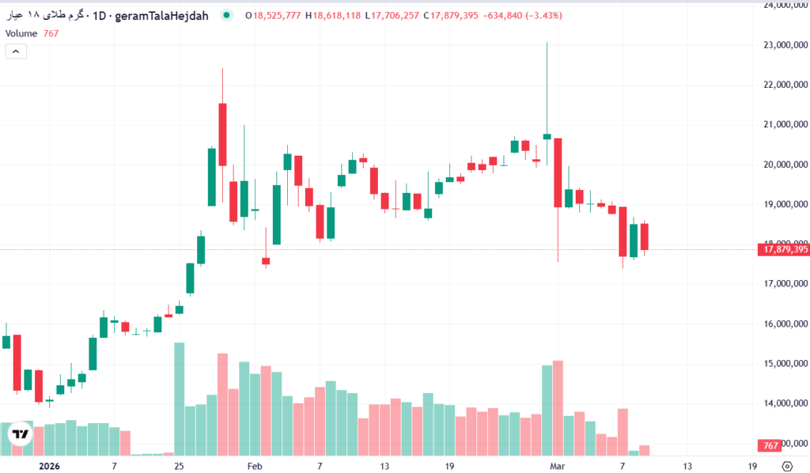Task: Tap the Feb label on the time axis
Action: coord(255,467)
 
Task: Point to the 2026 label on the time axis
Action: coord(49,467)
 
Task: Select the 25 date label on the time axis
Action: coord(180,467)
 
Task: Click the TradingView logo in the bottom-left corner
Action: coord(20,434)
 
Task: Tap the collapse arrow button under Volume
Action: coord(17,51)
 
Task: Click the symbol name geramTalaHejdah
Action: coord(161,15)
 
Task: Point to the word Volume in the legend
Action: coord(21,33)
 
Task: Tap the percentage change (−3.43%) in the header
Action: coord(537,15)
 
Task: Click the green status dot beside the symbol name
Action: coord(227,15)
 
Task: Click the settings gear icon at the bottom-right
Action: coord(787,467)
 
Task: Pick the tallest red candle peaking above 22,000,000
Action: coord(223,134)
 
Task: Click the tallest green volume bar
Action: coord(180,399)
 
